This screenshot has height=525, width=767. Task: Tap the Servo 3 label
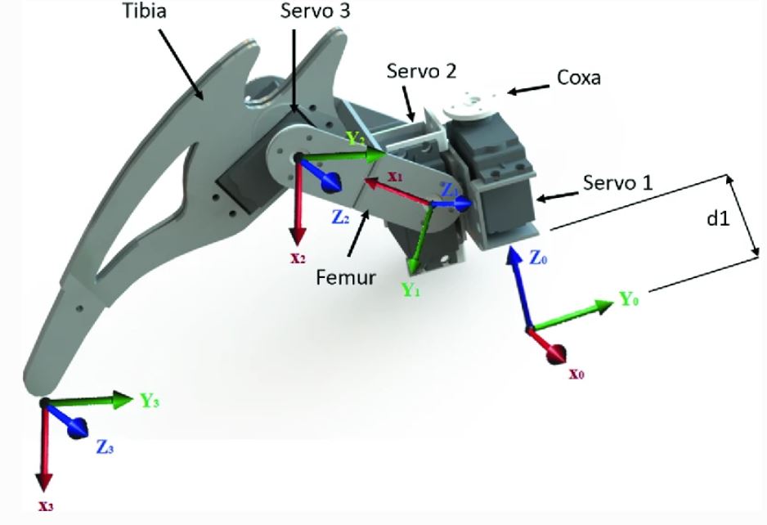click(x=312, y=13)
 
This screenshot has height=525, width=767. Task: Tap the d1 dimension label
click(x=720, y=220)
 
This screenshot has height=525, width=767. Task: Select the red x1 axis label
click(x=396, y=175)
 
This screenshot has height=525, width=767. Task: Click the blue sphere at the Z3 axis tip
click(x=79, y=429)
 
